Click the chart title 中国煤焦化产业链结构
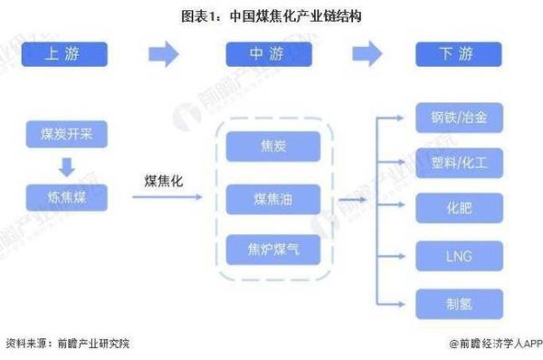pos(271,15)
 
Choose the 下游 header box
pos(458,54)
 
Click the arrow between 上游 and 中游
pos(164,54)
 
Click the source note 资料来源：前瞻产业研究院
pos(68,344)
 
